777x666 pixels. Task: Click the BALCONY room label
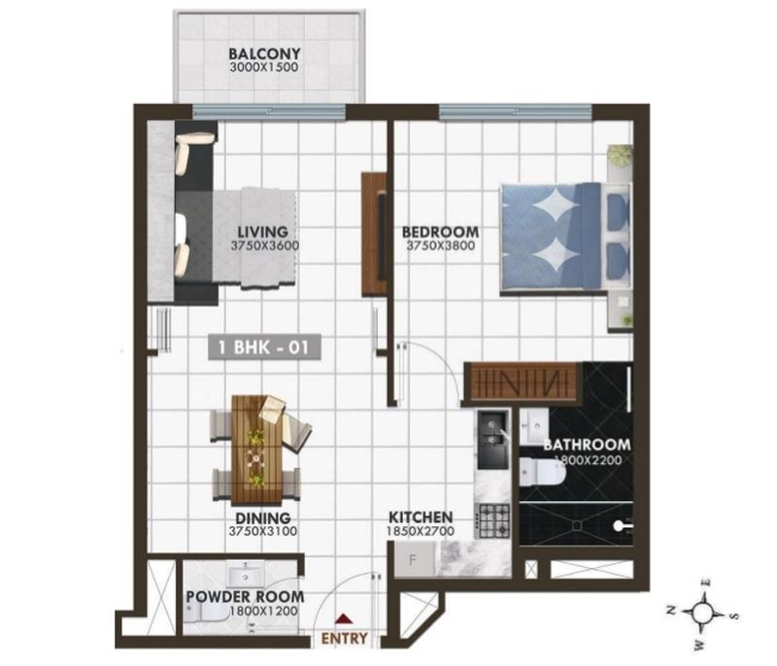(x=264, y=53)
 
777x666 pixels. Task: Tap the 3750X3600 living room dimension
(x=264, y=246)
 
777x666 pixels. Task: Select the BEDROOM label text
(x=440, y=232)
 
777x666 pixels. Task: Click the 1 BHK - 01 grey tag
(x=264, y=348)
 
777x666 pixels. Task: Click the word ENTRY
(x=345, y=638)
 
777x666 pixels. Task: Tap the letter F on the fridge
(x=412, y=560)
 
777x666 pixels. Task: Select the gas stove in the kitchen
(x=492, y=520)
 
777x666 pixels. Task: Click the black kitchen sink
(x=492, y=439)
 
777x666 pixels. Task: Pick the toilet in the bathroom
(x=542, y=472)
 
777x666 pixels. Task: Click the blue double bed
(x=565, y=236)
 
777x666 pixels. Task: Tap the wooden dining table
(x=256, y=450)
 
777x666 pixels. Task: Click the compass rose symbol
(x=701, y=614)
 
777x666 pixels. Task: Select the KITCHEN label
(x=421, y=517)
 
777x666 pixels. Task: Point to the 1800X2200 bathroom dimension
(x=588, y=460)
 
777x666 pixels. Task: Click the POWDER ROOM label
(x=245, y=597)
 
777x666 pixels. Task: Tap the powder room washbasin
(x=247, y=576)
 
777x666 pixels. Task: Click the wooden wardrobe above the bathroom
(x=523, y=381)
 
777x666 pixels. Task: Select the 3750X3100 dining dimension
(x=262, y=531)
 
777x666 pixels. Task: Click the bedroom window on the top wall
(x=516, y=112)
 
